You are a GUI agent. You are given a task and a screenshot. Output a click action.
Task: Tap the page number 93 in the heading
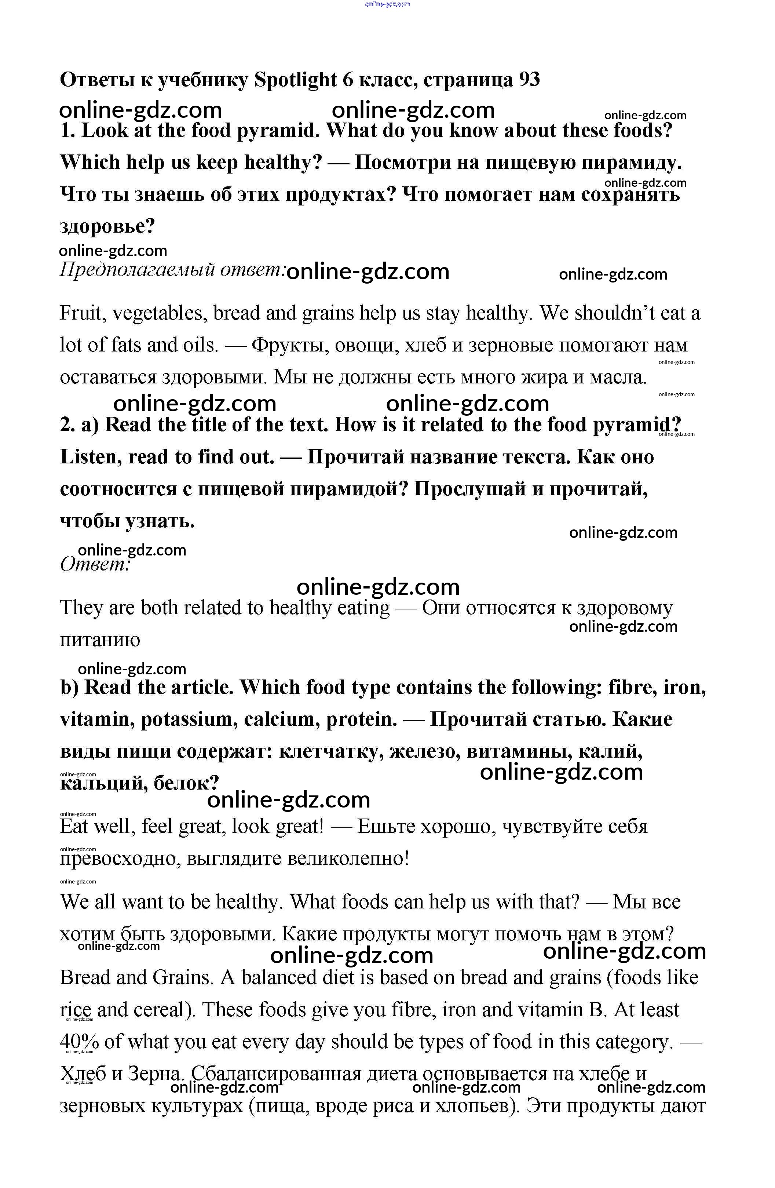point(529,80)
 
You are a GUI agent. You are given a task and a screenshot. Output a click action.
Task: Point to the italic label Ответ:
point(95,565)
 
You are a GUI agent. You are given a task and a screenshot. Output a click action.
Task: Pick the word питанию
point(100,640)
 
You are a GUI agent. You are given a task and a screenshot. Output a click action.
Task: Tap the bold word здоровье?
point(107,227)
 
